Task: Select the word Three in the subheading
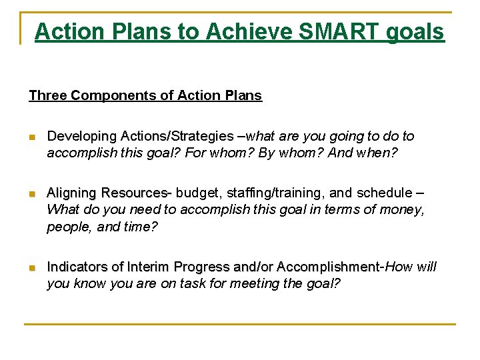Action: pyautogui.click(x=47, y=95)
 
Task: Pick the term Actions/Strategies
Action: pyautogui.click(x=177, y=136)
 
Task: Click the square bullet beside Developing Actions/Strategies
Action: pyautogui.click(x=33, y=137)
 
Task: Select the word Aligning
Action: pyautogui.click(x=71, y=193)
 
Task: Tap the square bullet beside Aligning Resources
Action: pyautogui.click(x=33, y=193)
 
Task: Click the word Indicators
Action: pyautogui.click(x=77, y=267)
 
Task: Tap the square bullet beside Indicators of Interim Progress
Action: pyautogui.click(x=33, y=267)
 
